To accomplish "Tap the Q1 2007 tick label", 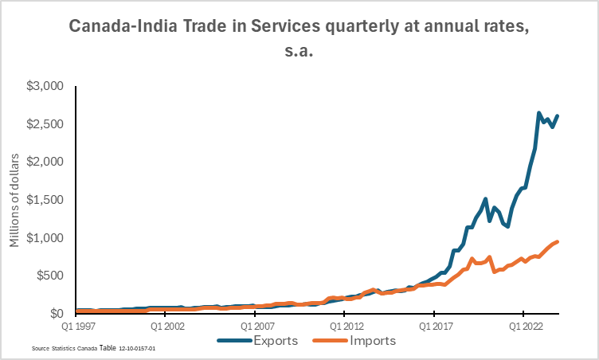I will click(x=254, y=326).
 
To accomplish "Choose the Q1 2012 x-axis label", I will click(x=343, y=326).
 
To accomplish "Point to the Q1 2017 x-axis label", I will click(x=433, y=326).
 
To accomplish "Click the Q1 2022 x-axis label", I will click(x=523, y=326).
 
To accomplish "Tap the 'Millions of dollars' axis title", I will click(x=15, y=199).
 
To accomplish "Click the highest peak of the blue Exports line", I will click(x=539, y=113).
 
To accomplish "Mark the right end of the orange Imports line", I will click(x=557, y=241).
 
